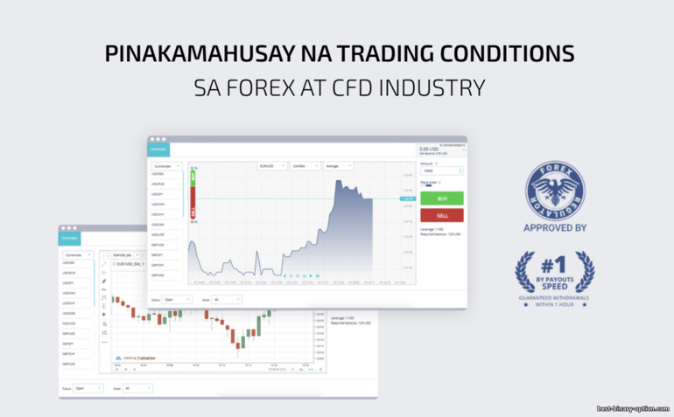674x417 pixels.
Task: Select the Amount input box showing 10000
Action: pos(439,171)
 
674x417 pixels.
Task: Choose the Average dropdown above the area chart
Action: pos(337,165)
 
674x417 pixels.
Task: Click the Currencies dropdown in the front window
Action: pos(166,165)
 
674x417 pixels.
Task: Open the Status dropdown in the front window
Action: pos(176,299)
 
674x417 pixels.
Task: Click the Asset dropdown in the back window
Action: pos(137,388)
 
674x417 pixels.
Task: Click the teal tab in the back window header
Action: pos(70,237)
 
